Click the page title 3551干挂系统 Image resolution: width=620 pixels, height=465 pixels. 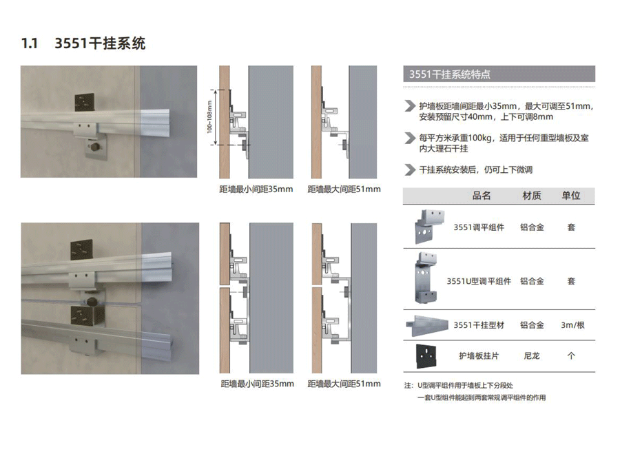[x=100, y=43]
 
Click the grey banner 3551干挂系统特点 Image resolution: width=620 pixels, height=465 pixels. [x=499, y=74]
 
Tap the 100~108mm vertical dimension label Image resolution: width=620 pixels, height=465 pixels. [x=209, y=117]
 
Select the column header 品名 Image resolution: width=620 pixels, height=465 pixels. [x=482, y=196]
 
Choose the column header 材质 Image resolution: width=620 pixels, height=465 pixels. [x=531, y=196]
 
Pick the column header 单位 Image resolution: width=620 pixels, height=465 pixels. [x=571, y=196]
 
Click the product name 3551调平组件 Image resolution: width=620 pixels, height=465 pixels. [x=479, y=227]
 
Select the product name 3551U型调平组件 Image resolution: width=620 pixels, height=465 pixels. [x=479, y=281]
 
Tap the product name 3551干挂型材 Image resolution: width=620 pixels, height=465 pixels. [x=479, y=325]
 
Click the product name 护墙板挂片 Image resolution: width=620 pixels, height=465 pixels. [x=479, y=356]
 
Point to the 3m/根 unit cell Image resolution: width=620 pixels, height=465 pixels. [x=572, y=325]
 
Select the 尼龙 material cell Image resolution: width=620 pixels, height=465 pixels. [x=532, y=356]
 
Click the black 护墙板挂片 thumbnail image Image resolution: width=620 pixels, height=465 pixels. [x=426, y=356]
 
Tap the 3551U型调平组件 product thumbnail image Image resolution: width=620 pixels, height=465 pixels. [x=426, y=278]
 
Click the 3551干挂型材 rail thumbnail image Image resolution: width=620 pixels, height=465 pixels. [x=427, y=325]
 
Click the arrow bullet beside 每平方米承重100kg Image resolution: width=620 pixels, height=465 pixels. [x=410, y=138]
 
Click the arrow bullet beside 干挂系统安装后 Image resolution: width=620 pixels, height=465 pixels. [x=410, y=169]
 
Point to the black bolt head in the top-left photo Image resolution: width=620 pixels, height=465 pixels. [x=95, y=147]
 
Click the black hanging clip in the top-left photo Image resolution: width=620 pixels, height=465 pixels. [x=84, y=102]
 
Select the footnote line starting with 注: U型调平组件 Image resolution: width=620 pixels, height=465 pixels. [x=459, y=386]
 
